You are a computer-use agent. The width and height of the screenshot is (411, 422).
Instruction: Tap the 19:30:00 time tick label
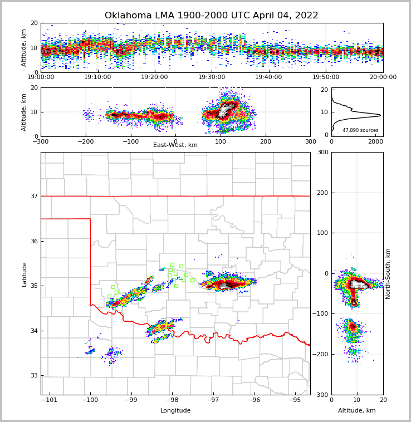(x=212, y=77)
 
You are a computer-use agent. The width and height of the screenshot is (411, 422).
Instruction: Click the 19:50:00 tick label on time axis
(x=326, y=77)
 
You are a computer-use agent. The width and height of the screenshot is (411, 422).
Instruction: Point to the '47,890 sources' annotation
(x=360, y=130)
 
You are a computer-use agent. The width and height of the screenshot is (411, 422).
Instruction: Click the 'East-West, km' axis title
(x=175, y=145)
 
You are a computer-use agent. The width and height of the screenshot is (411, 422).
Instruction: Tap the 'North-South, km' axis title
(x=388, y=273)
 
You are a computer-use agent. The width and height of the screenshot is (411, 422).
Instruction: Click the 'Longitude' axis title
(x=175, y=411)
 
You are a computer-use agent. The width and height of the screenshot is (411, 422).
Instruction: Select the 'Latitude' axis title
(x=24, y=274)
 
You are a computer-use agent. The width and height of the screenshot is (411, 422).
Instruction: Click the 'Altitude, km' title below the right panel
(x=357, y=411)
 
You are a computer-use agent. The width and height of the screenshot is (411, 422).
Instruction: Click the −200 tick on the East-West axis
(x=85, y=141)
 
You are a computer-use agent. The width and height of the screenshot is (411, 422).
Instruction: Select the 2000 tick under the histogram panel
(x=375, y=141)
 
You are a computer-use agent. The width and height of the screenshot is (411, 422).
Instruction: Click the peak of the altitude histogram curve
(x=380, y=115)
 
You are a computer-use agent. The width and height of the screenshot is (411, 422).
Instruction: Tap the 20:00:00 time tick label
(x=383, y=77)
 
